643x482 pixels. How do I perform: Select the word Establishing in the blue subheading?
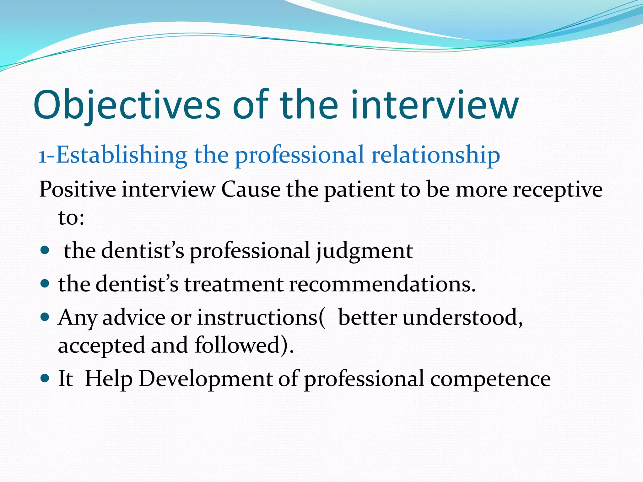click(122, 155)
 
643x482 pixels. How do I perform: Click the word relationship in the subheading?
click(435, 155)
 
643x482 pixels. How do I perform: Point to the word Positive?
click(78, 190)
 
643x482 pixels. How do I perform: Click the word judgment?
click(364, 251)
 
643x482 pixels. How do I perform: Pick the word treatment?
click(234, 284)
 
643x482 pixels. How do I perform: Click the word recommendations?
click(382, 284)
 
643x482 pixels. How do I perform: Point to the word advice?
click(133, 317)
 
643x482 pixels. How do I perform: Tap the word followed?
click(237, 345)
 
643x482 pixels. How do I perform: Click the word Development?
click(206, 378)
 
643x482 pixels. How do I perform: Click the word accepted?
click(101, 345)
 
